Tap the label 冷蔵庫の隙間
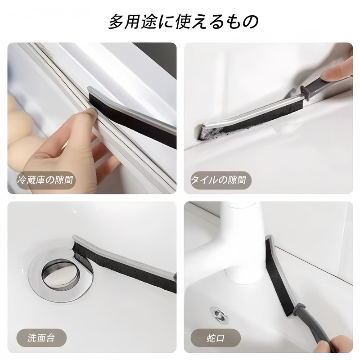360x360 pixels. [x=45, y=181]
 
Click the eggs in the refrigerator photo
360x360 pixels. [x=20, y=135]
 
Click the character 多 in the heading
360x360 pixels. [x=116, y=22]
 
